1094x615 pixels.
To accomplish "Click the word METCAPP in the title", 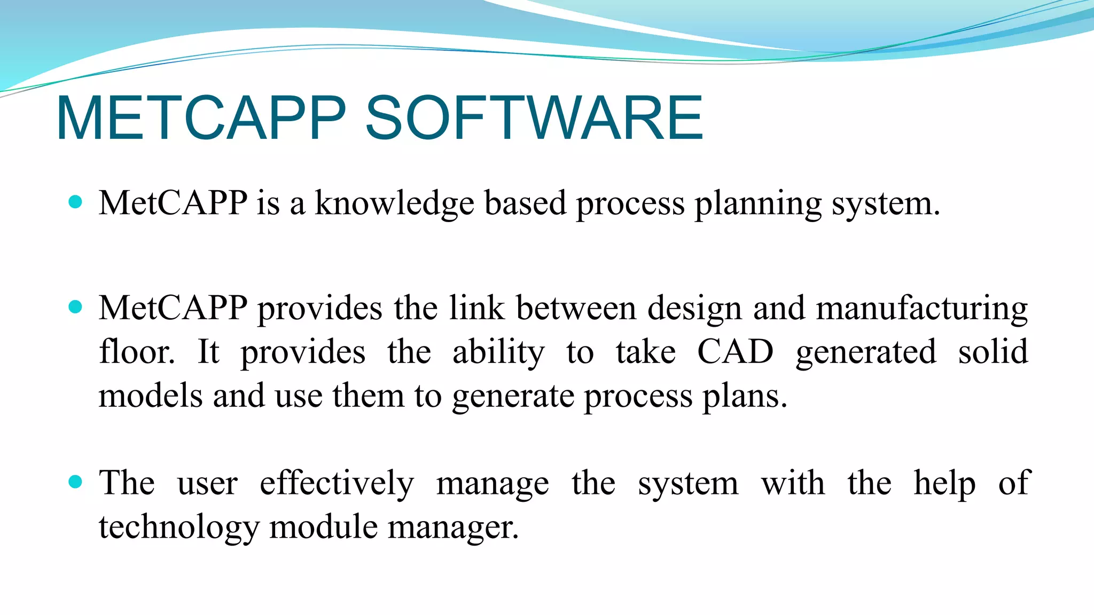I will (x=201, y=118).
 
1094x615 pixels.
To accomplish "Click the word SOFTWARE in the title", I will (x=533, y=118).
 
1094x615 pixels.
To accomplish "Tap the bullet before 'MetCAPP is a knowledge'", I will (x=76, y=202).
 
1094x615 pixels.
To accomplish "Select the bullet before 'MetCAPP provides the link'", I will (x=76, y=307).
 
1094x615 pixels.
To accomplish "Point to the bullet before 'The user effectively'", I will (x=76, y=482).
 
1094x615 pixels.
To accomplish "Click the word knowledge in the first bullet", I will (x=394, y=203).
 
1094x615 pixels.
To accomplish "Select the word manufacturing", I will (x=922, y=309).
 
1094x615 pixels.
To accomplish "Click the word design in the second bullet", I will (x=695, y=309).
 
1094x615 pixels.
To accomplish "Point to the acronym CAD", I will (x=735, y=352).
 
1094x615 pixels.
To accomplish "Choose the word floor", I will (x=137, y=352).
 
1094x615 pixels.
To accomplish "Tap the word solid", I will (x=993, y=352).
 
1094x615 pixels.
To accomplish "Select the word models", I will (x=151, y=396).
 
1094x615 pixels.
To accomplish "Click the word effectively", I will (x=337, y=483).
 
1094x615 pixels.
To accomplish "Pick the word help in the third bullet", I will (x=944, y=483).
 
